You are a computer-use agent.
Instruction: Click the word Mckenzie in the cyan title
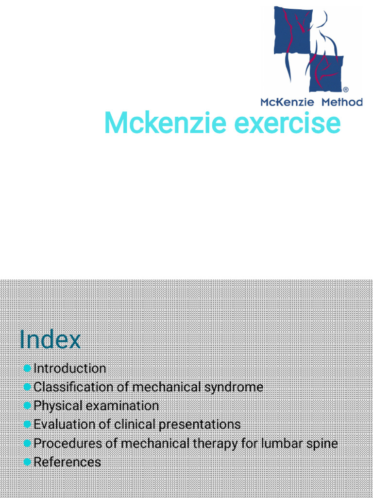pos(165,124)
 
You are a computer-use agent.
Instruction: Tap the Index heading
pos(50,339)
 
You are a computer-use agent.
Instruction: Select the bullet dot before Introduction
pos(27,368)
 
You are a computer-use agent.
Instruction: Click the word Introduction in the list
pos(69,369)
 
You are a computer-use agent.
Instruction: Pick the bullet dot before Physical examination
pos(27,406)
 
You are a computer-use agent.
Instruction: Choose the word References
pos(67,462)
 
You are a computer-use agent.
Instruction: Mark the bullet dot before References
pos(27,462)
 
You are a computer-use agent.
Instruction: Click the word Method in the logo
pos(342,102)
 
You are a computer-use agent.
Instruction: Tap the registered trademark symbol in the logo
pos(346,90)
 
